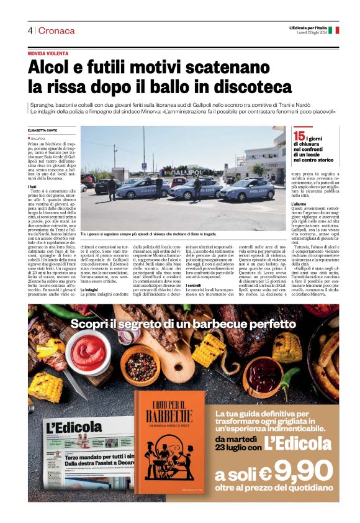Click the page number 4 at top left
(30, 30)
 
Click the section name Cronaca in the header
(56, 30)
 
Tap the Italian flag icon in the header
(334, 30)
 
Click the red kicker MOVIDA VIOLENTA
(50, 54)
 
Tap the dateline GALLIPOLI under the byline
(39, 139)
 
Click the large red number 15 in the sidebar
(299, 135)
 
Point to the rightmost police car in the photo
(247, 190)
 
